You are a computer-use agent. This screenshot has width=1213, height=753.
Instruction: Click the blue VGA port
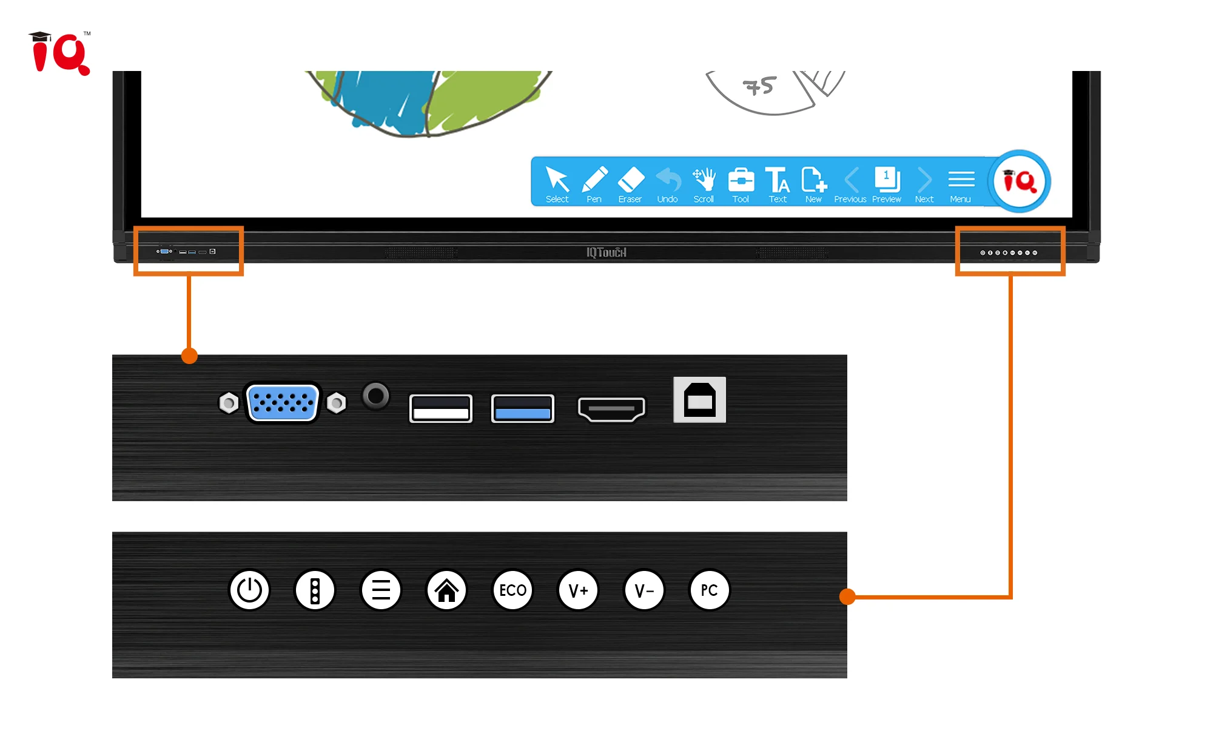pos(283,402)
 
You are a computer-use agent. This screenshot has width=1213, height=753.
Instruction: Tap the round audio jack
pos(376,396)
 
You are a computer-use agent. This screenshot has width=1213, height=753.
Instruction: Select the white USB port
pos(441,408)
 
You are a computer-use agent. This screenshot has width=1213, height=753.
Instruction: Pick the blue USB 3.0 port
pos(522,408)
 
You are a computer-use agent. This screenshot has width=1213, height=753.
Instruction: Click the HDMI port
pos(611,408)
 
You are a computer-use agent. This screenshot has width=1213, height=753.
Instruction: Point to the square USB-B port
pos(699,400)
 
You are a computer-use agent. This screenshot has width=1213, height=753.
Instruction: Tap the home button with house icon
pos(447,590)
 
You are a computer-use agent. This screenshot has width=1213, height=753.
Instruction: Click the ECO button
pos(512,590)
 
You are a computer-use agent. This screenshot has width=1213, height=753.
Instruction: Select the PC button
pos(710,590)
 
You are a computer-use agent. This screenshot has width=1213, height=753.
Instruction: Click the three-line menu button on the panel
pos(381,590)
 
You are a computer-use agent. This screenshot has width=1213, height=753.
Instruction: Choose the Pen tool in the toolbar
pos(594,184)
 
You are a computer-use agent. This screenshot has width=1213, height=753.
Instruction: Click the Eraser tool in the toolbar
pos(630,184)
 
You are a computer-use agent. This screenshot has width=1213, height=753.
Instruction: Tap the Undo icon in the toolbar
pos(668,184)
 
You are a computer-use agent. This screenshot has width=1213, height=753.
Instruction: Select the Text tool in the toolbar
pos(778,184)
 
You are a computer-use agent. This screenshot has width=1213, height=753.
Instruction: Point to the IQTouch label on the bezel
pos(606,252)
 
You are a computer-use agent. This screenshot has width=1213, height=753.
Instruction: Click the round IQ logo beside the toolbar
pos(1020,181)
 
